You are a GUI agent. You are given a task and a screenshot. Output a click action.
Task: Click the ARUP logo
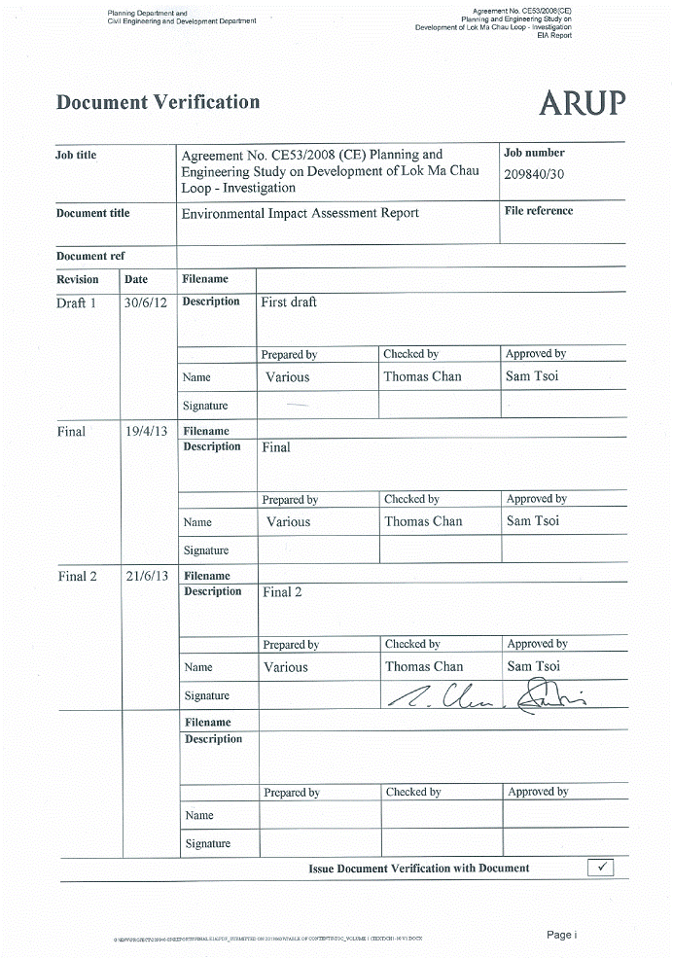[582, 102]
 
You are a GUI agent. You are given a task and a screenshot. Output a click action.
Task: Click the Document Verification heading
[158, 102]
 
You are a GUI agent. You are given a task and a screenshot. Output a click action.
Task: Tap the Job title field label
[76, 155]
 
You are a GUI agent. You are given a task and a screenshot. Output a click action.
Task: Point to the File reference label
[538, 210]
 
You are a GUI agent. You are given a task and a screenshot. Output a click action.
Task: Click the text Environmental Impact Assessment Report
[300, 213]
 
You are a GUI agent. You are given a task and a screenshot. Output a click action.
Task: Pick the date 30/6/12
[146, 302]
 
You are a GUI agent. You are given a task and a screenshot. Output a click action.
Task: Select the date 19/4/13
[147, 431]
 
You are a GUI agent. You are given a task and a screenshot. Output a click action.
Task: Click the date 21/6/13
[147, 576]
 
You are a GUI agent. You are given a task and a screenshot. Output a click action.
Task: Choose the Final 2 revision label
[78, 576]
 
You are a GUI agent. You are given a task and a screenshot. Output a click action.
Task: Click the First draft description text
[289, 302]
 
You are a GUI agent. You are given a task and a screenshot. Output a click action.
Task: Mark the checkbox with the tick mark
[600, 867]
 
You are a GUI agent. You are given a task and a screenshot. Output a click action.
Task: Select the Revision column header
[77, 279]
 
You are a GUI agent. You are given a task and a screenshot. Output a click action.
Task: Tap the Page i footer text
[561, 935]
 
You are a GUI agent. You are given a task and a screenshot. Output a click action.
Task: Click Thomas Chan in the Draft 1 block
[422, 376]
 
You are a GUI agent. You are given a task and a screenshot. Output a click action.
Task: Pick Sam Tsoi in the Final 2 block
[533, 666]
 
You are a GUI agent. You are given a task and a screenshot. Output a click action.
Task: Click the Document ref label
[90, 256]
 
